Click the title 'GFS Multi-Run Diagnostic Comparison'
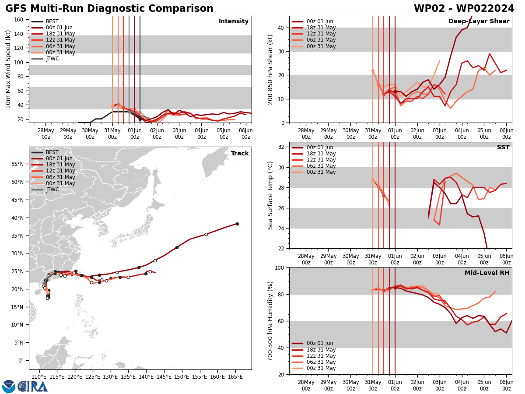[x=109, y=9]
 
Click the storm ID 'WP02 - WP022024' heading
[x=464, y=9]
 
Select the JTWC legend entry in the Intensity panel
[x=52, y=59]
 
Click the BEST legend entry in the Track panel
[x=52, y=152]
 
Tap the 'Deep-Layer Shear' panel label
[x=479, y=21]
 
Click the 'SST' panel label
[x=503, y=148]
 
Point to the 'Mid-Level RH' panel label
[x=487, y=273]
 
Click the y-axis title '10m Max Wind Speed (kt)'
[x=8, y=69]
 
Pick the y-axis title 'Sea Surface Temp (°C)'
[x=271, y=195]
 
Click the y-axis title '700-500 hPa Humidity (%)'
[x=271, y=321]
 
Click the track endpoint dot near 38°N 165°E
[x=237, y=224]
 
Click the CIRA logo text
[x=33, y=387]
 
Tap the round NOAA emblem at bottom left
[x=9, y=387]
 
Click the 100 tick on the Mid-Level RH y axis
[x=280, y=267]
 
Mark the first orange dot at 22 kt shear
[x=373, y=70]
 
